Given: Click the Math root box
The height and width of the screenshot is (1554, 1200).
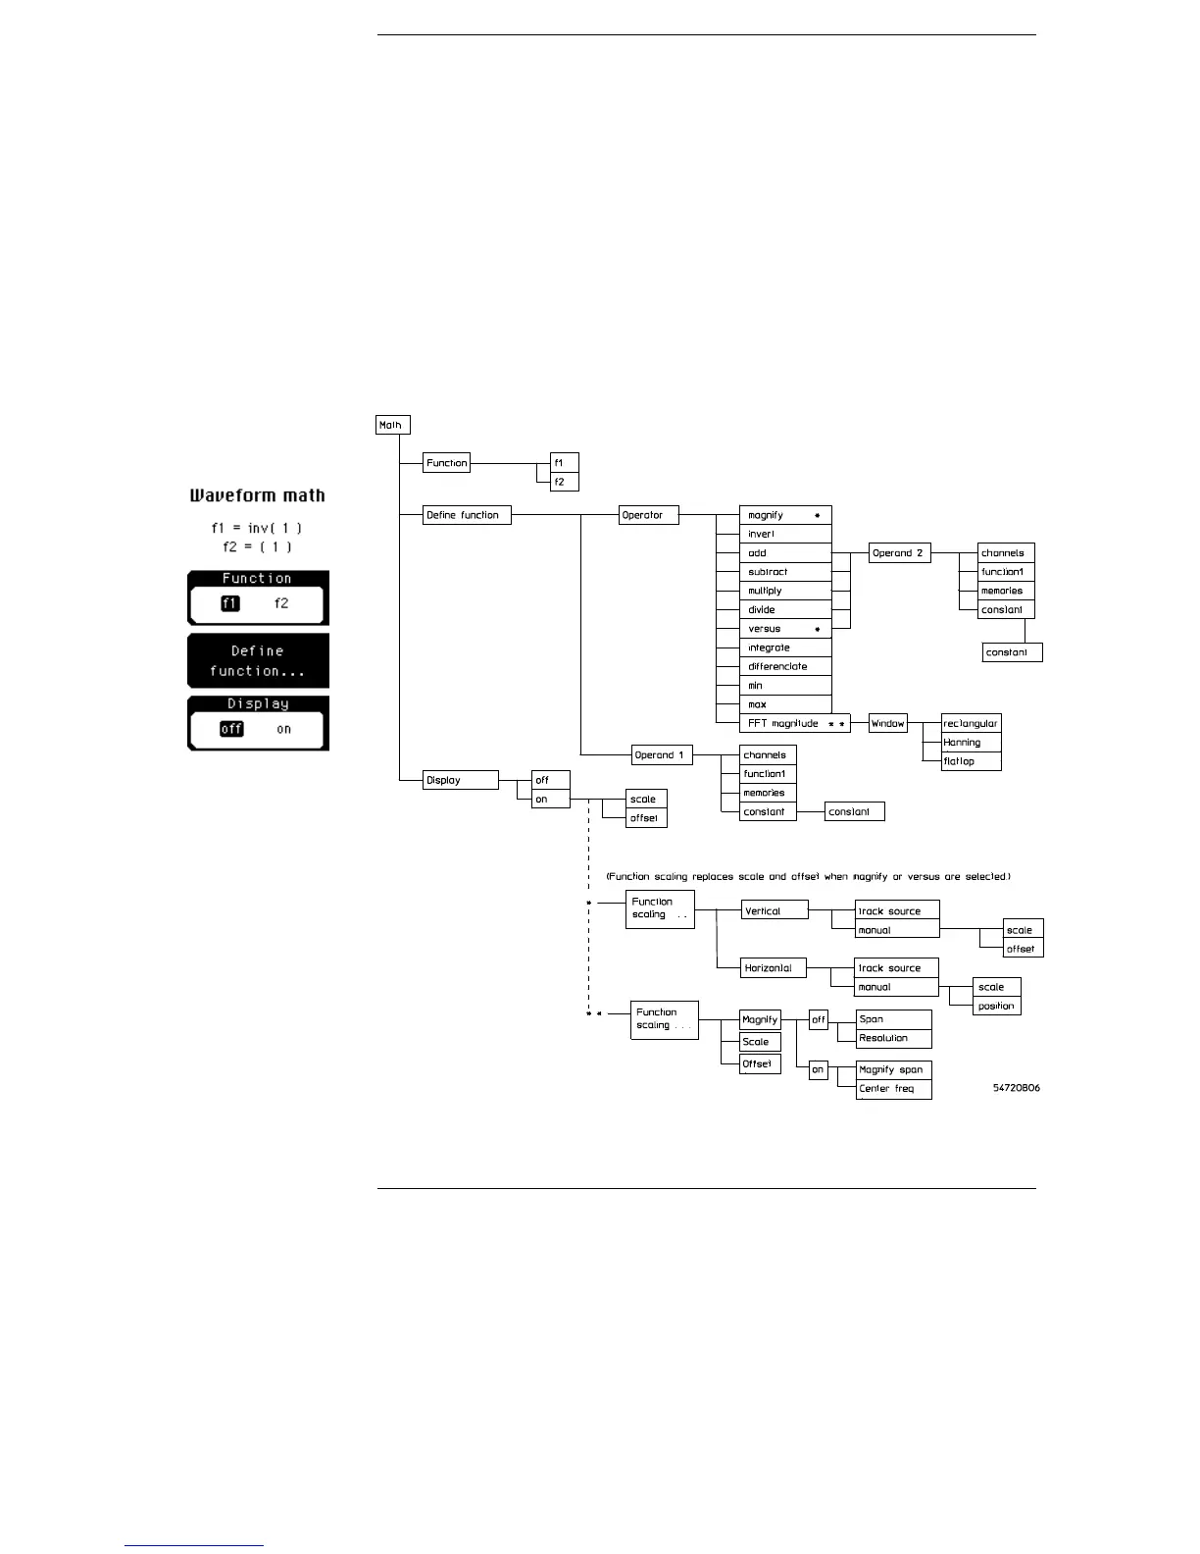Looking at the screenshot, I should click(392, 425).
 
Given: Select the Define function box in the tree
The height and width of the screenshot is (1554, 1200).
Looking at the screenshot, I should click(467, 515).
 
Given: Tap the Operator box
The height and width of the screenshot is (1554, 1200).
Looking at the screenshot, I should click(649, 515).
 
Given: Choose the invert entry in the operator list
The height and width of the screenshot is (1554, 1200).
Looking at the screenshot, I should click(784, 534).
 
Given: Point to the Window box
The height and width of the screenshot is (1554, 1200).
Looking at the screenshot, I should click(888, 724).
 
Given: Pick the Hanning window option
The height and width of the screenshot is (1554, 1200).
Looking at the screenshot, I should click(971, 743).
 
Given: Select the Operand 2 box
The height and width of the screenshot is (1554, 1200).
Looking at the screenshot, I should click(899, 553).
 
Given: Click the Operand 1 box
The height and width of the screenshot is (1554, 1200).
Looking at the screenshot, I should click(662, 755).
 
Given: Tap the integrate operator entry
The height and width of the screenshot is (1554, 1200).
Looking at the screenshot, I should click(784, 647).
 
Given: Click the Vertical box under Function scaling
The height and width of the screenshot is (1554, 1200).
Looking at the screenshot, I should click(775, 910).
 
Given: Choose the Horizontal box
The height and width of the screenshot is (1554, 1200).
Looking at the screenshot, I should click(774, 967).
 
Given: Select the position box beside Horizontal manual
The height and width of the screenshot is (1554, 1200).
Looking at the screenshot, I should click(997, 1006).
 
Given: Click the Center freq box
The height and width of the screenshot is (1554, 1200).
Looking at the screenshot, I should click(893, 1089).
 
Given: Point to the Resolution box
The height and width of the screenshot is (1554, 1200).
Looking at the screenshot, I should click(893, 1038).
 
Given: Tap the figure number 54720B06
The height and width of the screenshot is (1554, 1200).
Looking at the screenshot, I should click(1016, 1088).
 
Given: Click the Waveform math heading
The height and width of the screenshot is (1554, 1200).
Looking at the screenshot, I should click(257, 495).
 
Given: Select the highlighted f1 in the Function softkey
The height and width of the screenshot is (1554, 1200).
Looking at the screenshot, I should click(230, 603).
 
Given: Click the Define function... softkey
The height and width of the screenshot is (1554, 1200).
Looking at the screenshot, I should click(258, 660).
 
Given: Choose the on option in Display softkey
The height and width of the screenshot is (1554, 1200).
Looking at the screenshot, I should click(283, 729).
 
